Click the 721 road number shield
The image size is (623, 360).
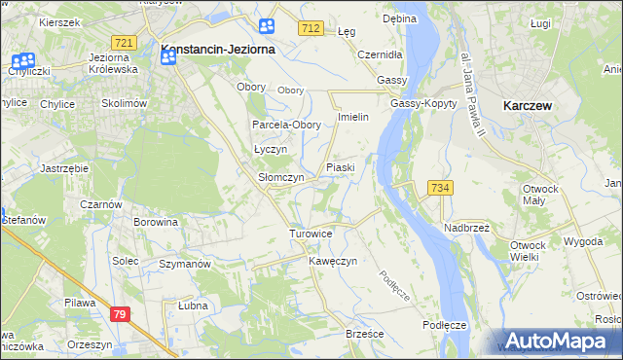[x=123, y=43]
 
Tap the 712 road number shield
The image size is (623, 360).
[x=311, y=30]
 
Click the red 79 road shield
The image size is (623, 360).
[x=120, y=313]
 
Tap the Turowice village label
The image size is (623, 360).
[x=311, y=234]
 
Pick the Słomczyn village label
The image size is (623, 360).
[x=281, y=178]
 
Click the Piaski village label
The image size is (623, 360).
[x=340, y=168]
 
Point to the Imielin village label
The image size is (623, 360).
[x=351, y=117]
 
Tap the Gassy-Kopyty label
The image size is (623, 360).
[x=423, y=104]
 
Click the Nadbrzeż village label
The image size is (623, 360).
[x=466, y=227]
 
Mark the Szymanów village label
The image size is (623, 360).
[x=185, y=265]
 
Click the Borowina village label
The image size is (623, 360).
[x=156, y=222]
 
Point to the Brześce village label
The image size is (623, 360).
[x=365, y=334]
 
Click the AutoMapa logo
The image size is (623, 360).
[x=555, y=341]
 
